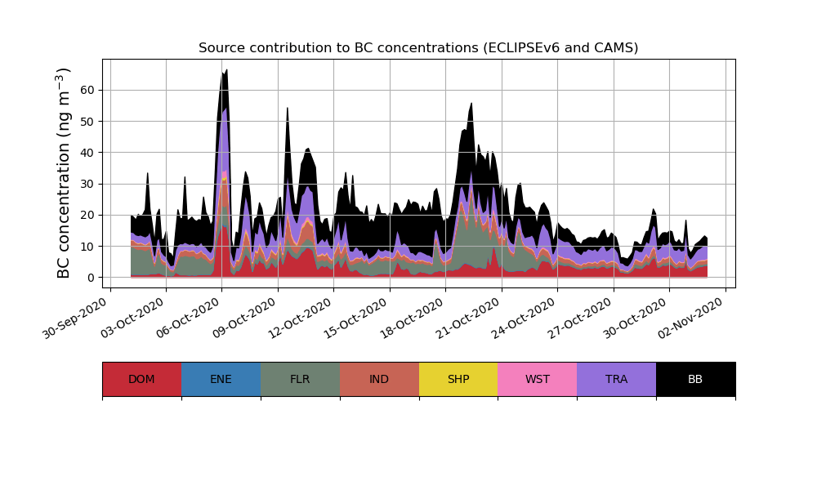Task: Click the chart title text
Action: point(418,48)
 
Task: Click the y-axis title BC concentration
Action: point(65,173)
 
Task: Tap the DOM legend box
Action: point(141,379)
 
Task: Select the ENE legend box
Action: point(221,379)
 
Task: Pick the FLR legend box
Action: point(300,379)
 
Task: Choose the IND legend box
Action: point(379,379)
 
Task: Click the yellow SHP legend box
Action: point(458,379)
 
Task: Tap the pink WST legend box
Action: point(538,379)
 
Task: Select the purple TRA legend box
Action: point(617,379)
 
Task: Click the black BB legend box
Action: point(695,379)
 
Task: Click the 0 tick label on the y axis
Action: point(92,278)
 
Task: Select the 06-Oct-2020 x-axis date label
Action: point(191,319)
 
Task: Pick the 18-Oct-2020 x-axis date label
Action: point(415,319)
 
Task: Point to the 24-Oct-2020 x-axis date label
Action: point(527,319)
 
